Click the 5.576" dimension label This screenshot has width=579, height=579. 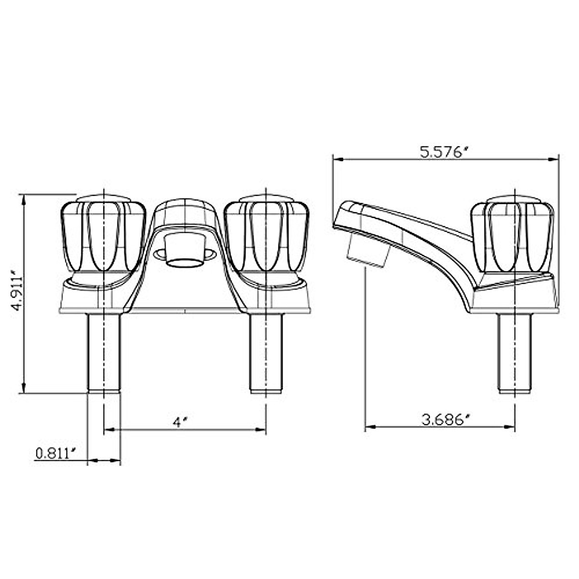[444, 152]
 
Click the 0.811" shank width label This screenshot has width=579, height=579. [55, 454]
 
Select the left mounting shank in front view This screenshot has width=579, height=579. [103, 352]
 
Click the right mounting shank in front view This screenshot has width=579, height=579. [266, 352]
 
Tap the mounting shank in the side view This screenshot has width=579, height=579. [515, 352]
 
